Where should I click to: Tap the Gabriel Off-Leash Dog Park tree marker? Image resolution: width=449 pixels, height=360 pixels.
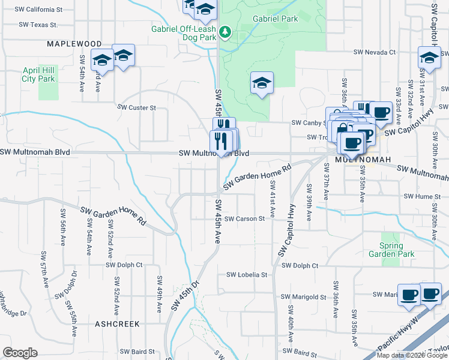(224, 31)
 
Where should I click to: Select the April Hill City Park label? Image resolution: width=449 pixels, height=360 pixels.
(38, 74)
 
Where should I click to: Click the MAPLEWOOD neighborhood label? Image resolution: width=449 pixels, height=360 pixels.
(74, 44)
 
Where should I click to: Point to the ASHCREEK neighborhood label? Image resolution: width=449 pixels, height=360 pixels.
(117, 324)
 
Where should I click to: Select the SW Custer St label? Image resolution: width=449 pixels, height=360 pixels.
(136, 108)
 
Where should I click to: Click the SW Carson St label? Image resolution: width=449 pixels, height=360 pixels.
(246, 219)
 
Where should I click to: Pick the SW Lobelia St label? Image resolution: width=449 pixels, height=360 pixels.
(246, 275)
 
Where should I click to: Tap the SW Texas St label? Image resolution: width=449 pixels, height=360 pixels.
(38, 25)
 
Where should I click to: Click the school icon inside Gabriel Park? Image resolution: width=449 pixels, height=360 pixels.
(262, 83)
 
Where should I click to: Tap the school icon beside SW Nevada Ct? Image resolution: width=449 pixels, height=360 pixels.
(429, 59)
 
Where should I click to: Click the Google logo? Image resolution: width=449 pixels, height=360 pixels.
(20, 353)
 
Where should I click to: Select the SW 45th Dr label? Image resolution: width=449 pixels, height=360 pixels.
(184, 295)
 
